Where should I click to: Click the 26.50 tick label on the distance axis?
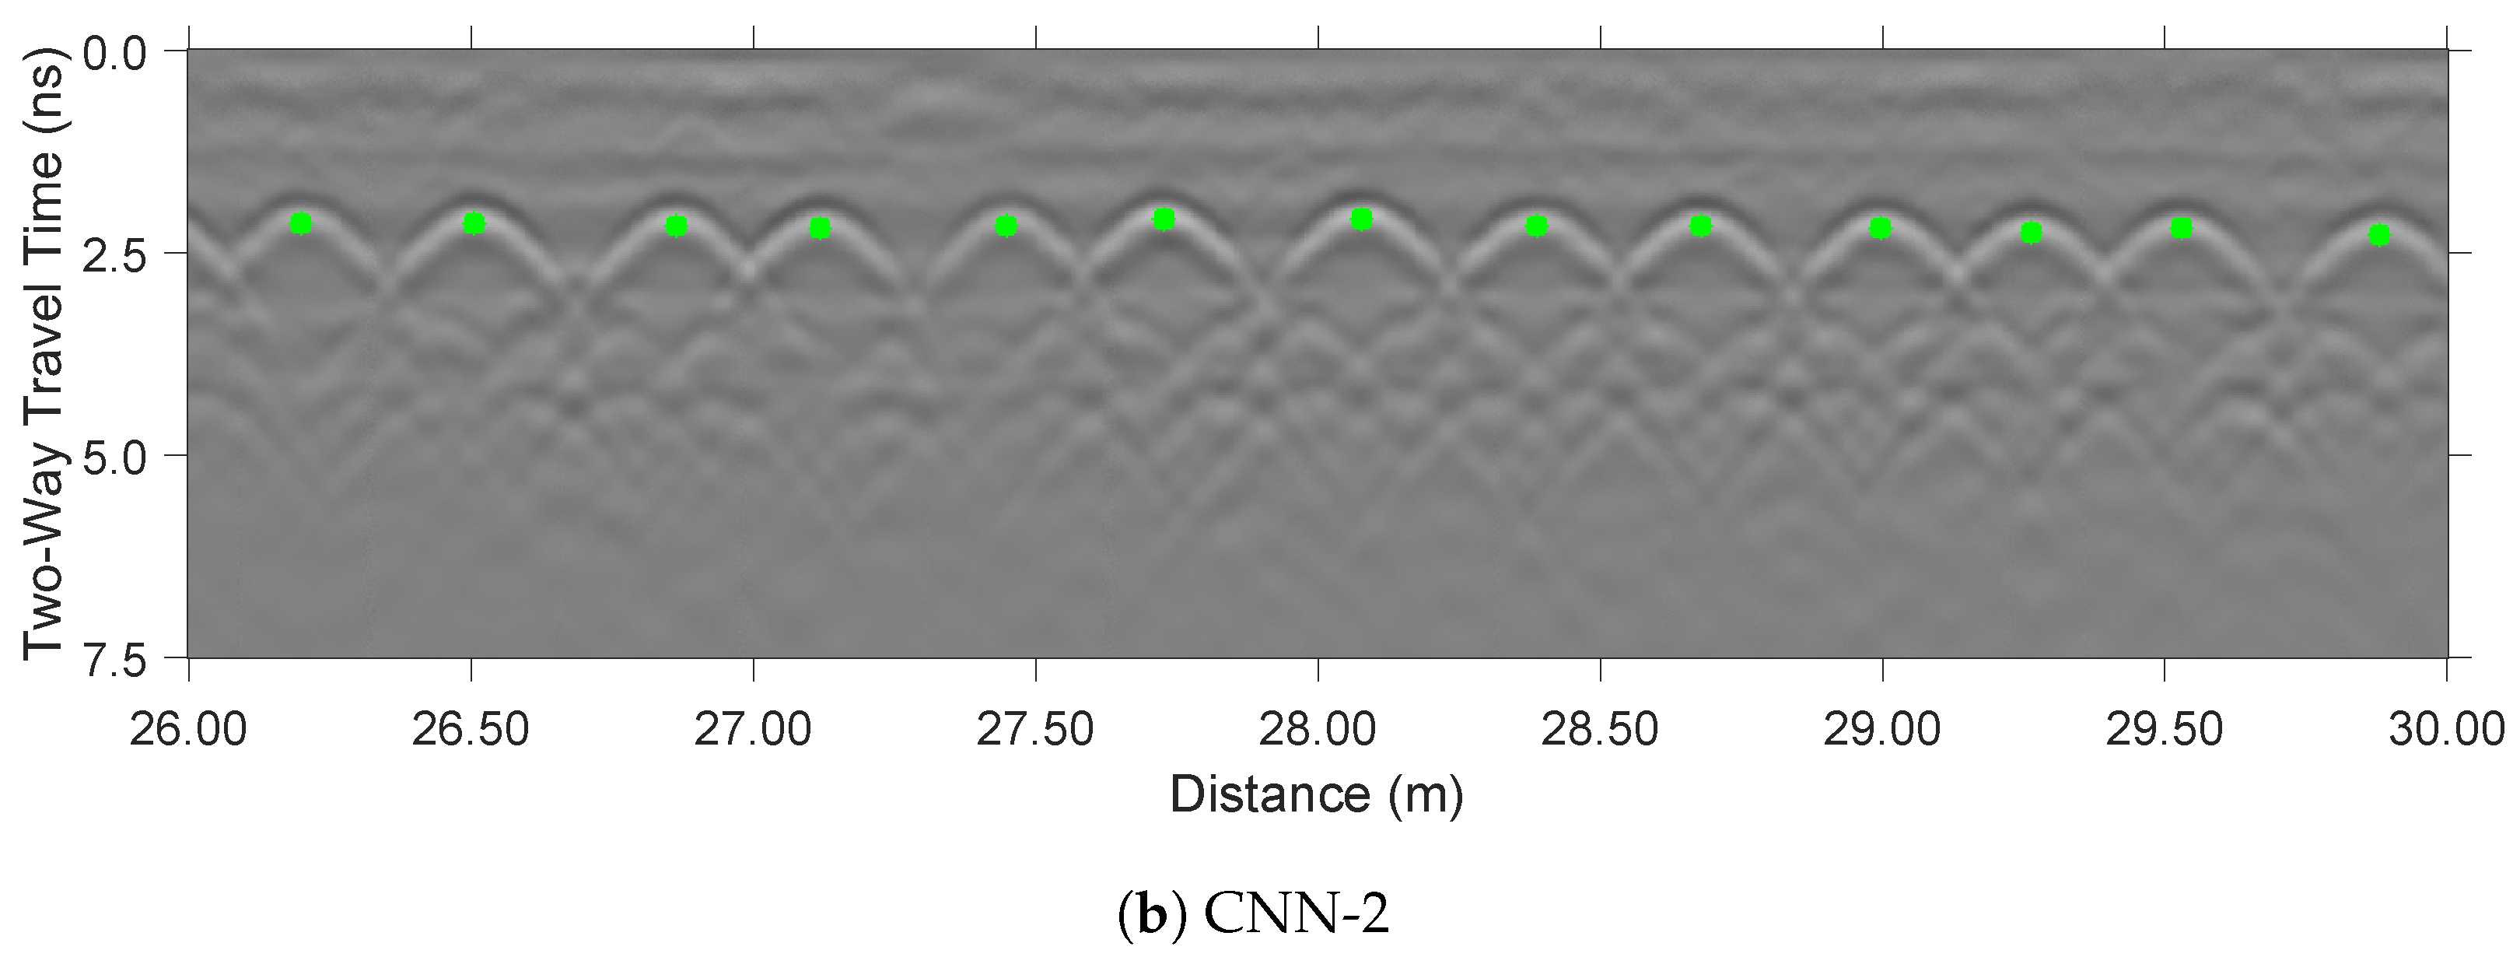[471, 730]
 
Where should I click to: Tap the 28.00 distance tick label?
[1318, 730]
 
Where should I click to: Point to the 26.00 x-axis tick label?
[189, 730]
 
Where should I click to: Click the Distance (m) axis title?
[1317, 794]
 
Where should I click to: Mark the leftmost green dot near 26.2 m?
[301, 224]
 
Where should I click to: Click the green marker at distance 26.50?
[474, 224]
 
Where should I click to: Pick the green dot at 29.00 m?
[1880, 229]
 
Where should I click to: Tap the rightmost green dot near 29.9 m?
[2379, 235]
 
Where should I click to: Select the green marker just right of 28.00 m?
[1362, 220]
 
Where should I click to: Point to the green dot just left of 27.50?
[1006, 227]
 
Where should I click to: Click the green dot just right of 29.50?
[2182, 229]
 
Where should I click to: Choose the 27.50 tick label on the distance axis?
[1035, 730]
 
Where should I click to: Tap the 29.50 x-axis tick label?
[2164, 730]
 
